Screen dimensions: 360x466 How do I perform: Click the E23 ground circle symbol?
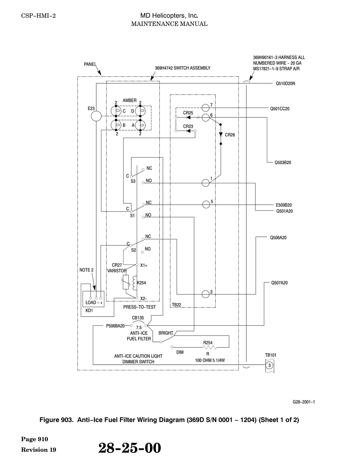(x=96, y=116)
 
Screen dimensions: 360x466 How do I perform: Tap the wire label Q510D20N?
(x=285, y=83)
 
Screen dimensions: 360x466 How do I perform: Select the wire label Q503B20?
(x=283, y=163)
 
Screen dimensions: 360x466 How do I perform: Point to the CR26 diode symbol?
(x=221, y=135)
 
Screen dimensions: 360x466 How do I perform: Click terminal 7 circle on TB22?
(x=206, y=107)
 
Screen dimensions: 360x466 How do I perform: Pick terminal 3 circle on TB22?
(x=206, y=294)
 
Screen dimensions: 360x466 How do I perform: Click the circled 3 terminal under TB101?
(x=269, y=365)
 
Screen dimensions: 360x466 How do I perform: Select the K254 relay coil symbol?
(x=134, y=283)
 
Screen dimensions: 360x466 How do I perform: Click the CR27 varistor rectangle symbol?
(x=126, y=283)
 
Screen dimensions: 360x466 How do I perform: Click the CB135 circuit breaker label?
(x=138, y=318)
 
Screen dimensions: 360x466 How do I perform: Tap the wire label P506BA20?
(x=115, y=326)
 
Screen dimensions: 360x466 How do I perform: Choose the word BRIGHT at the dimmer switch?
(x=166, y=333)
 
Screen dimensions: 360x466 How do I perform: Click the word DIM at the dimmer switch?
(x=180, y=352)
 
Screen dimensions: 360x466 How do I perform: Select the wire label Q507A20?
(x=279, y=283)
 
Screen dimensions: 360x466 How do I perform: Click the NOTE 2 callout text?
(x=86, y=270)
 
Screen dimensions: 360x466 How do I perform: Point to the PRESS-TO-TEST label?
(x=140, y=307)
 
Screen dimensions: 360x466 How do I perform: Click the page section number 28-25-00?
(x=130, y=448)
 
